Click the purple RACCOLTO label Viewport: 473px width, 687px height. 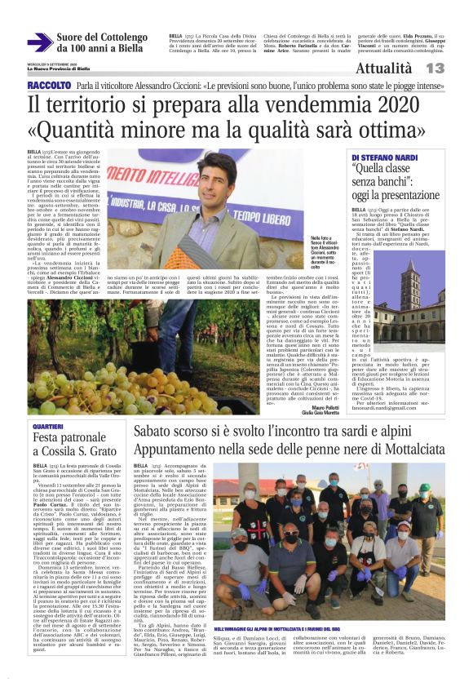pos(49,86)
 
